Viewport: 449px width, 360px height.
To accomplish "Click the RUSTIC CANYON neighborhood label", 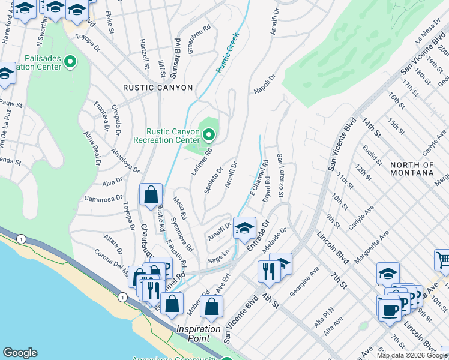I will (158, 88).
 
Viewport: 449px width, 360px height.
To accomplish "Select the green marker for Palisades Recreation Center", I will (70, 61).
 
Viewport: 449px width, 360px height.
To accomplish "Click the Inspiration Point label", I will (197, 334).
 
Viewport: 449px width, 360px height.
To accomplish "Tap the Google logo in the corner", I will (20, 353).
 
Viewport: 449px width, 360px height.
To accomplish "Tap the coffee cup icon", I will (390, 309).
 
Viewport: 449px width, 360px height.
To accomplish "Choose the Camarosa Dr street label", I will (99, 198).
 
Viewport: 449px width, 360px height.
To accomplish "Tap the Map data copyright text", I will (412, 355).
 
